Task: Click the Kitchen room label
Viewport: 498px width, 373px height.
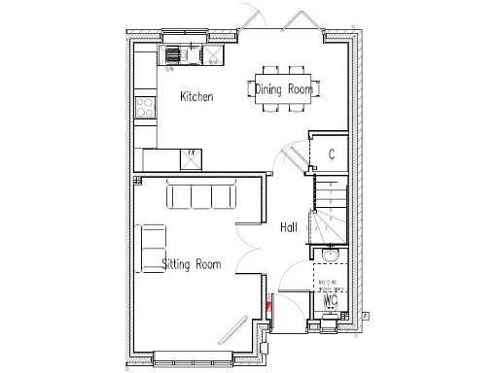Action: coord(197,97)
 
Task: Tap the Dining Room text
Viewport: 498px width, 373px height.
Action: coord(284,89)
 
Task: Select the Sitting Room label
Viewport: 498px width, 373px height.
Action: coord(191,264)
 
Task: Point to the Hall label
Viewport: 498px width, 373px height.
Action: coord(288,227)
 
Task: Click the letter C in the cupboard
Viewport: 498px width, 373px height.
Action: coord(332,153)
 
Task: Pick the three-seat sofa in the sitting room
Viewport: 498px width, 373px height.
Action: coord(201,195)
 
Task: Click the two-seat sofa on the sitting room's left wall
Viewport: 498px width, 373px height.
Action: coord(153,243)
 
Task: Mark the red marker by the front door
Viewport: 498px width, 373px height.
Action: coord(269,303)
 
